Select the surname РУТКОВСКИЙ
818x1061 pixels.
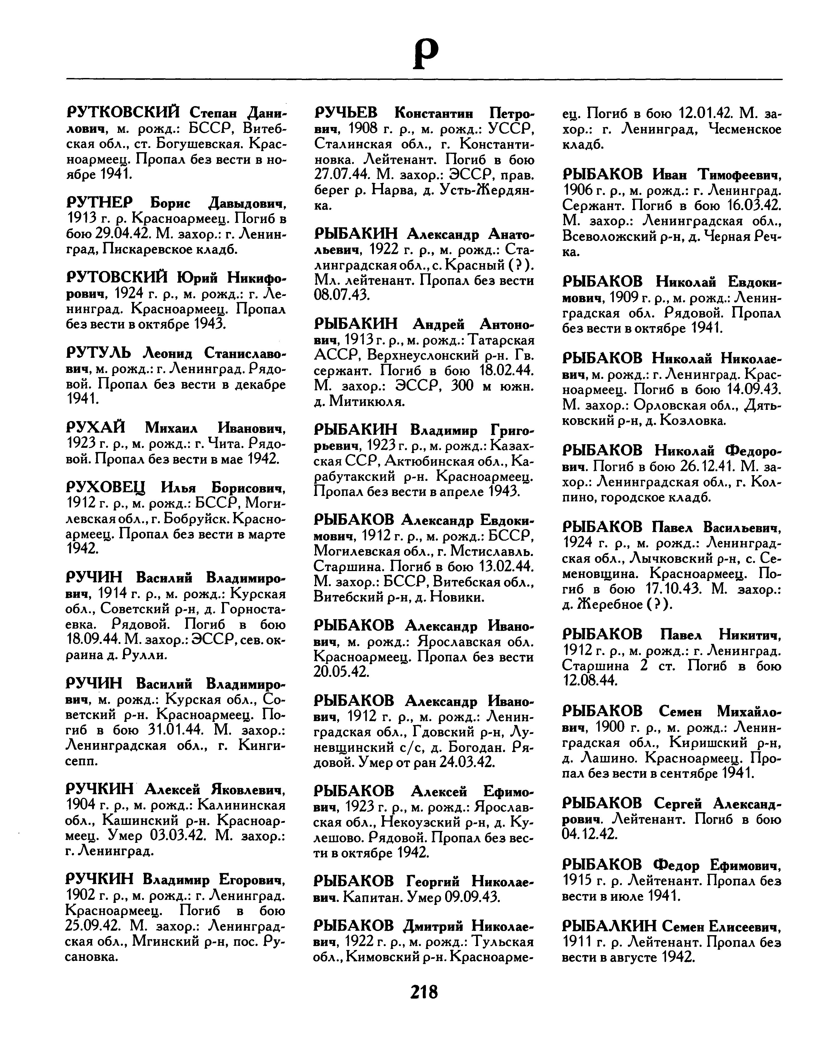tap(123, 113)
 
